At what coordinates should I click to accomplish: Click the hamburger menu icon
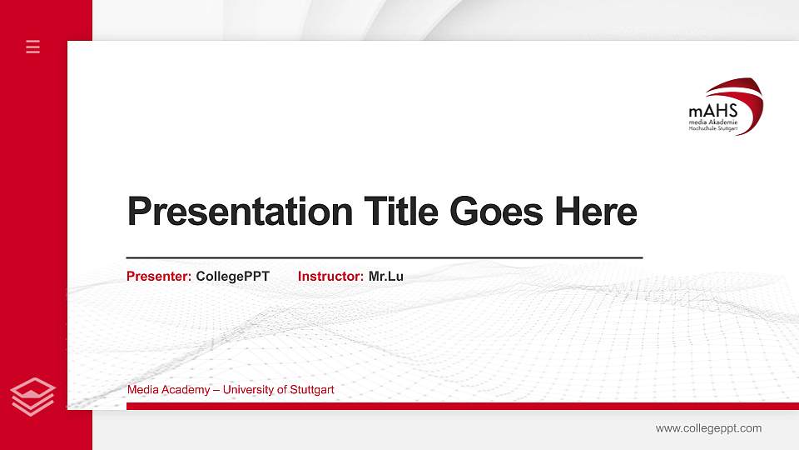pos(32,47)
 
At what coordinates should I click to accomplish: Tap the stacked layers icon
pos(32,396)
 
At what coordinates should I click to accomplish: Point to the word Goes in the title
pos(494,212)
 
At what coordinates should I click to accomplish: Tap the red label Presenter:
pos(159,276)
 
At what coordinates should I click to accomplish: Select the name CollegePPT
pos(233,276)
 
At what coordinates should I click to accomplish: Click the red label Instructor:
pos(330,276)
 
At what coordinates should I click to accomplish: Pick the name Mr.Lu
pos(385,276)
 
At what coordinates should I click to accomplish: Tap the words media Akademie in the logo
pos(713,122)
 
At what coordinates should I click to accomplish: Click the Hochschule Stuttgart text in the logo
pos(713,129)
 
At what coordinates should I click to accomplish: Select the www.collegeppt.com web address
pos(708,428)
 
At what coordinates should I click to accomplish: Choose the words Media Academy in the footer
pos(166,390)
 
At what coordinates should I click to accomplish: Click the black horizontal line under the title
pos(384,258)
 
